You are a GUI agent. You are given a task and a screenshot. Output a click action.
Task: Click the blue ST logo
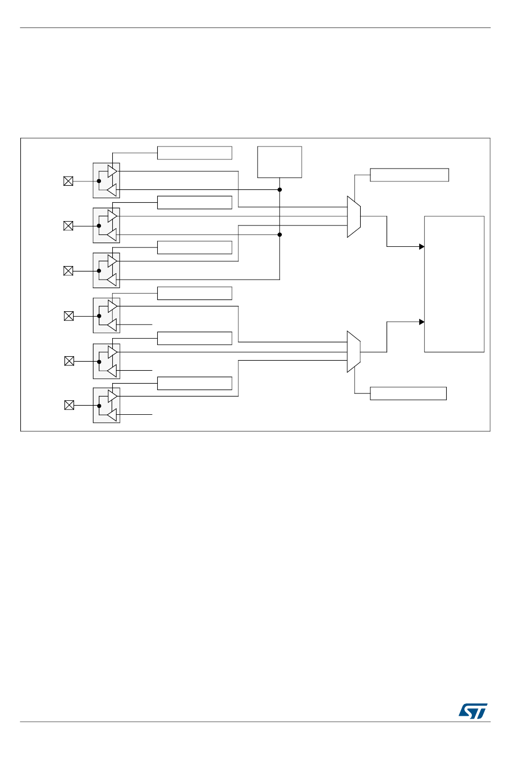(472, 711)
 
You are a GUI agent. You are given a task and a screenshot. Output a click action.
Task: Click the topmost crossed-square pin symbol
(68, 181)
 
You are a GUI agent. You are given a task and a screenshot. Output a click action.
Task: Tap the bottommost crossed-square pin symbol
(69, 405)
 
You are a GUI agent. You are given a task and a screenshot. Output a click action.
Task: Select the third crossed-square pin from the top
(68, 271)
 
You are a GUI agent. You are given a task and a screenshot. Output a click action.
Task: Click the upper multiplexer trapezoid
(353, 217)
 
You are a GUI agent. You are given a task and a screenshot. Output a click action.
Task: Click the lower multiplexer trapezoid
(353, 351)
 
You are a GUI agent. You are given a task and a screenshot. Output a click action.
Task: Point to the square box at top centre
(279, 162)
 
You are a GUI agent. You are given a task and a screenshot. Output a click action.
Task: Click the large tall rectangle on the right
(454, 284)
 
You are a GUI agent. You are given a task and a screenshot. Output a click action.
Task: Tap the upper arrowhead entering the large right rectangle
(422, 246)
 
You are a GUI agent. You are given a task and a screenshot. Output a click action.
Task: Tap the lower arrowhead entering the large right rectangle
(422, 322)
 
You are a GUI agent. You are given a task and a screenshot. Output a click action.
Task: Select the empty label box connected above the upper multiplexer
(409, 175)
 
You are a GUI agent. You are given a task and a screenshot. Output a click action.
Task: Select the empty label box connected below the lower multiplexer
(408, 393)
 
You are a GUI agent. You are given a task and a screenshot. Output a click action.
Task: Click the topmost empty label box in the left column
(194, 153)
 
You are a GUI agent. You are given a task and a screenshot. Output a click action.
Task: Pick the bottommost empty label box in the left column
(194, 383)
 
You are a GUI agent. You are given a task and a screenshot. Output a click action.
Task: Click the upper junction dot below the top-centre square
(280, 189)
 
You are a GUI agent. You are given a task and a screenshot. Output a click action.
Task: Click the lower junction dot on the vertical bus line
(280, 235)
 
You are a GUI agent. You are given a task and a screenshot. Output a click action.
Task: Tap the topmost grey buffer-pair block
(106, 180)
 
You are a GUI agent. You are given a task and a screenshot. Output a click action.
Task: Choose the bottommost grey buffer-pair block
(106, 405)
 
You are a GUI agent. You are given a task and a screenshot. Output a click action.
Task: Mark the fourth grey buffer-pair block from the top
(106, 316)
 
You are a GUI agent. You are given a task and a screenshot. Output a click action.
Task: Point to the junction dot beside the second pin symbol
(99, 226)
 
